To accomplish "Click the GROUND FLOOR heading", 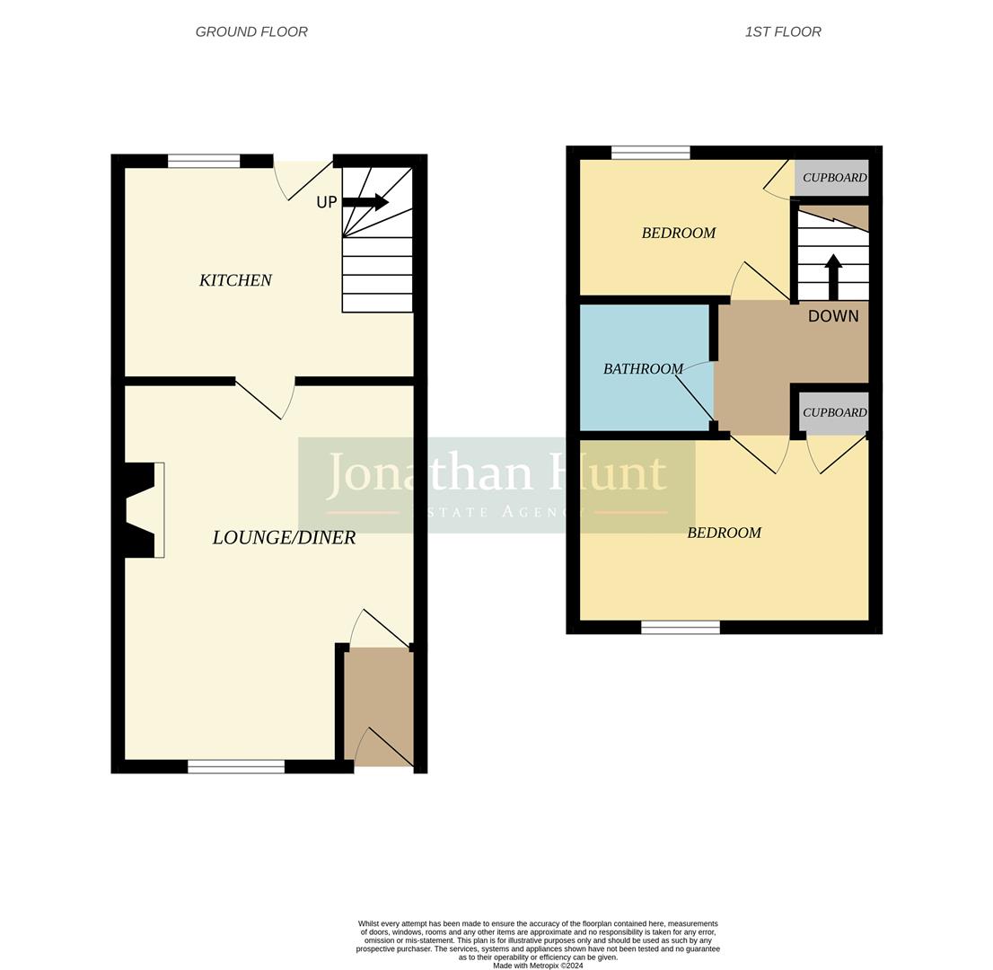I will coord(251,31).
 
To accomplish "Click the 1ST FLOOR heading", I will coord(783,31).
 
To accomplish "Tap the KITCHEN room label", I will coord(235,280).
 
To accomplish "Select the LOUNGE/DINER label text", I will coord(284,537).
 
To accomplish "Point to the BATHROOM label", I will coord(643,368).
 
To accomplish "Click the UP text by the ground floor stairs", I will coord(326,202).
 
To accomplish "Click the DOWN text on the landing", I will coord(833,316).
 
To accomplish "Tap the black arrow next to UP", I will coord(366,202).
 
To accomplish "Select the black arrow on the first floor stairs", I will coord(833,276).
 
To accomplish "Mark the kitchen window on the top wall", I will coord(204,162).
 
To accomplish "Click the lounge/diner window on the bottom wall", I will coord(236,766).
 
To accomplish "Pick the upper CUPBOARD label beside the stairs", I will coord(834,178).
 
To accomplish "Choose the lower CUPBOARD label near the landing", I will coord(834,412).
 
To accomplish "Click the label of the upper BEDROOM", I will coord(679,233).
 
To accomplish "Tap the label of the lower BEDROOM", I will coord(724,533).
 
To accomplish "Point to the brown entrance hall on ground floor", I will coord(379,705).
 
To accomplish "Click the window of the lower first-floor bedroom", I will coord(681,627).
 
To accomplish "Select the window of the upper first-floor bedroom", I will coord(651,153).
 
